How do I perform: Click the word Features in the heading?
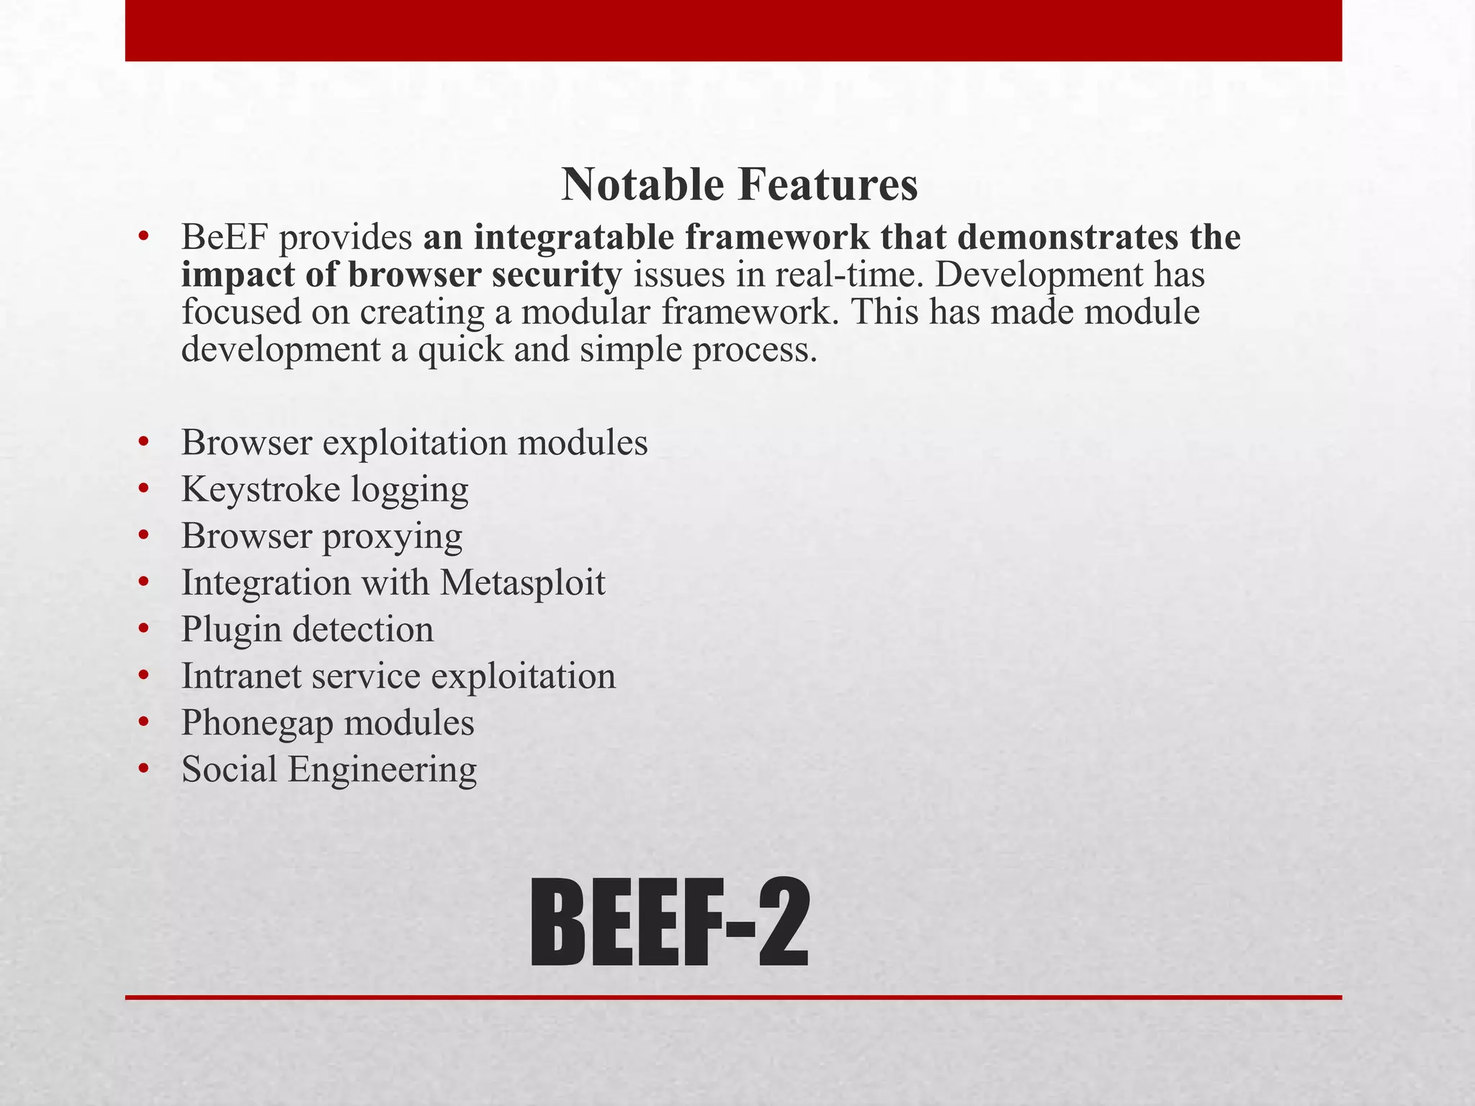[x=828, y=184]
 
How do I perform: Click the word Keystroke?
[x=261, y=490]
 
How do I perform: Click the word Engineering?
[x=382, y=770]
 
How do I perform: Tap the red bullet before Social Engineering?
[x=144, y=768]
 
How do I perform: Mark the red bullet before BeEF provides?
[x=144, y=236]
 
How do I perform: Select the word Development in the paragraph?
[x=1037, y=274]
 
